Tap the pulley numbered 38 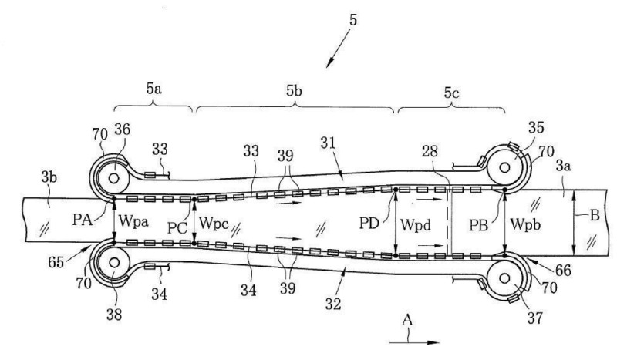tap(113, 262)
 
